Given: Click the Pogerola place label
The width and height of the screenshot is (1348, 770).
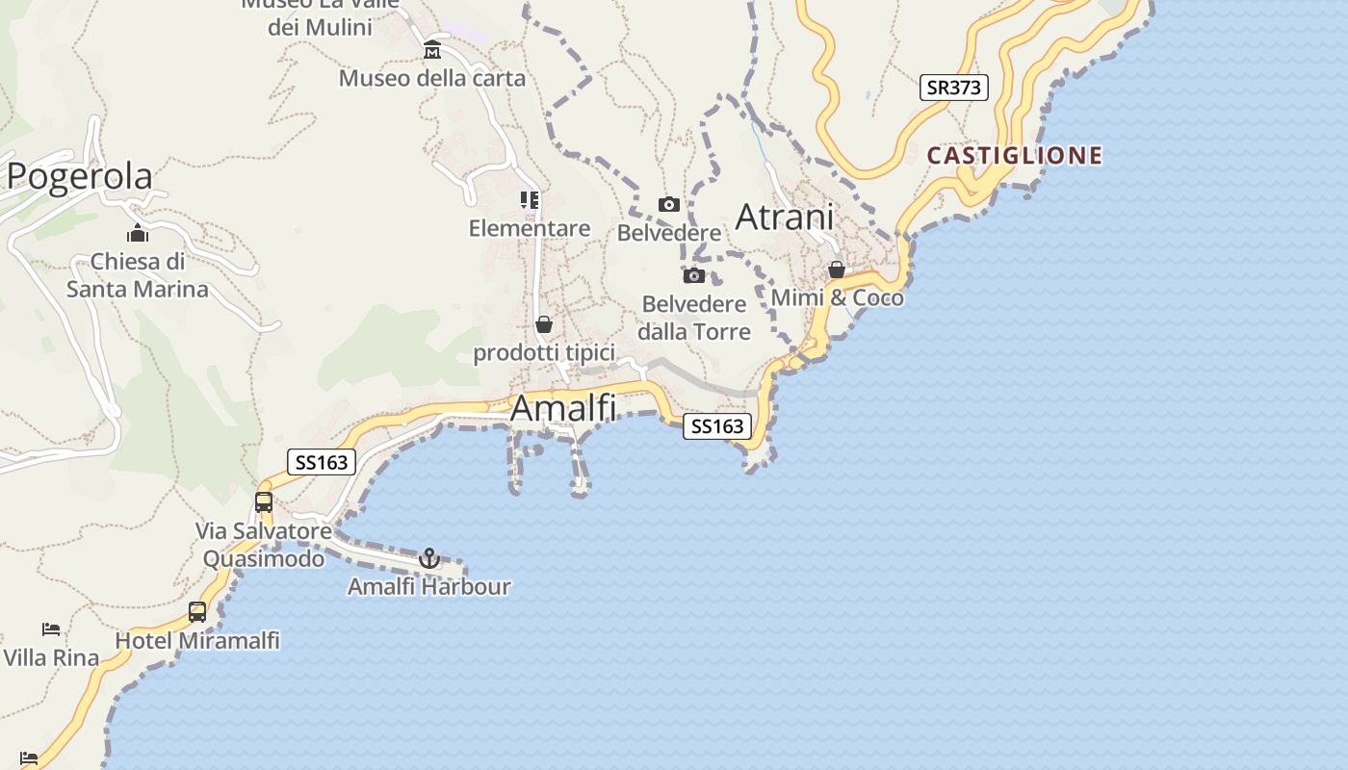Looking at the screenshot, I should tap(79, 177).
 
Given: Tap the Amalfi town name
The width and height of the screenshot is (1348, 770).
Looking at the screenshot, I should tap(563, 408).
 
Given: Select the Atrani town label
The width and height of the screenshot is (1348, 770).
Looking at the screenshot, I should tap(784, 218).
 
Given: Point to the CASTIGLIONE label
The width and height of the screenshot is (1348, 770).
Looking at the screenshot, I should tap(1014, 156).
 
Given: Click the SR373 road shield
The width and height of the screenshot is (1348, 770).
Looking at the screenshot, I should tap(953, 88).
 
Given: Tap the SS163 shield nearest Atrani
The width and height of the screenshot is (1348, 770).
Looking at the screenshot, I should tap(716, 425).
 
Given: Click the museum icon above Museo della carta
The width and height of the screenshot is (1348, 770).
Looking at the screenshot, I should tap(432, 49).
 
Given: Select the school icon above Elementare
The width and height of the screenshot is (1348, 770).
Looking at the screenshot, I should tap(530, 200).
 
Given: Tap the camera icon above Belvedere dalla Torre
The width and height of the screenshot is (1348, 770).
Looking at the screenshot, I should tap(693, 276).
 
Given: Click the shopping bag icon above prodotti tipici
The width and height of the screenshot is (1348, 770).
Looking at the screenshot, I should tap(544, 324).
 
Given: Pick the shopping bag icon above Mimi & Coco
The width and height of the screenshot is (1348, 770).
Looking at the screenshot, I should tap(837, 269).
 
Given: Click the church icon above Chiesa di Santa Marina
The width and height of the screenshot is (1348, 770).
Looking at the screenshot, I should tap(138, 234).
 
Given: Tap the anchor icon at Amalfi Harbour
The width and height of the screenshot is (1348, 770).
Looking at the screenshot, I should tap(429, 558).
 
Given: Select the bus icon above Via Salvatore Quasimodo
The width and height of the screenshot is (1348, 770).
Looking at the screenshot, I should tap(264, 501).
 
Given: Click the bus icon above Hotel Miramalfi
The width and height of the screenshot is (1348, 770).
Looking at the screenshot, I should tap(197, 611).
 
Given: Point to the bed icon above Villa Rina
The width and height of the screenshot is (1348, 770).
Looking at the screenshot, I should tap(51, 629).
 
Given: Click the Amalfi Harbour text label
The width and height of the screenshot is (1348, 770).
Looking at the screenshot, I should tap(429, 586).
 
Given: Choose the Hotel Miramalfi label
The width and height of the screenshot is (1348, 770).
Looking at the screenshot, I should tap(197, 640).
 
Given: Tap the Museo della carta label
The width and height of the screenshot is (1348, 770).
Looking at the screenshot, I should tap(432, 78).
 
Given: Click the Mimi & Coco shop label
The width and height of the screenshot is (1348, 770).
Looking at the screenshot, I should tap(838, 298).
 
